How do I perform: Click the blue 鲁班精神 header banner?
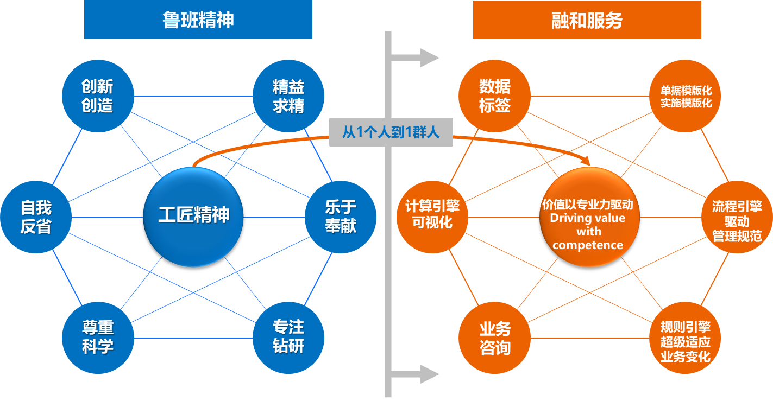pyautogui.click(x=198, y=20)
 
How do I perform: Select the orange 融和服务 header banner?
pyautogui.click(x=587, y=20)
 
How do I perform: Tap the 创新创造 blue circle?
pyautogui.click(x=98, y=96)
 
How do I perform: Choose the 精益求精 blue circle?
pyautogui.click(x=288, y=96)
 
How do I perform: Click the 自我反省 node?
pyautogui.click(x=36, y=217)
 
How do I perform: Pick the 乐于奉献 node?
pyautogui.click(x=341, y=217)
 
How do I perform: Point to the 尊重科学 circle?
pyautogui.click(x=98, y=338)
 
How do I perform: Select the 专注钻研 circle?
pyautogui.click(x=288, y=338)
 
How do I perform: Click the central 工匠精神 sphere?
pyautogui.click(x=193, y=216)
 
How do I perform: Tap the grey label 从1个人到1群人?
pyautogui.click(x=391, y=132)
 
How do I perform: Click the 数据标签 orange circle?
pyautogui.click(x=495, y=96)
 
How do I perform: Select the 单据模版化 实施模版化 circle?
pyautogui.click(x=686, y=96)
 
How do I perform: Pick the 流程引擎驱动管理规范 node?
pyautogui.click(x=737, y=221)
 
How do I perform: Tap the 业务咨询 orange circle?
pyautogui.click(x=495, y=338)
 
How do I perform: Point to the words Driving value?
pyautogui.click(x=588, y=218)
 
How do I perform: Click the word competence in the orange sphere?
pyautogui.click(x=588, y=245)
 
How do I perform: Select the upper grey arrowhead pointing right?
pyautogui.click(x=429, y=58)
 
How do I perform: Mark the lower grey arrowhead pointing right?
pyautogui.click(x=429, y=374)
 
